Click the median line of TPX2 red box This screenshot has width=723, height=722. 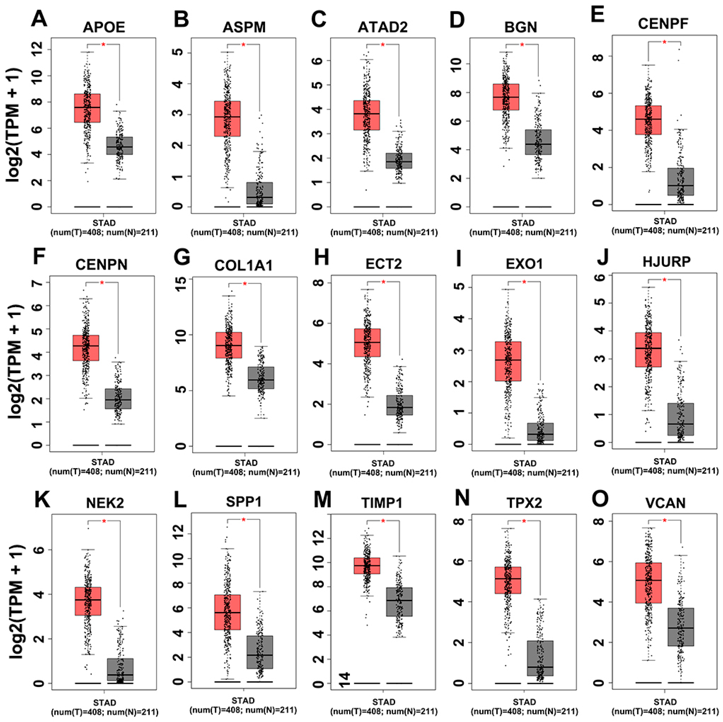point(508,579)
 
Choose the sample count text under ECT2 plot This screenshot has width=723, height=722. point(383,473)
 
